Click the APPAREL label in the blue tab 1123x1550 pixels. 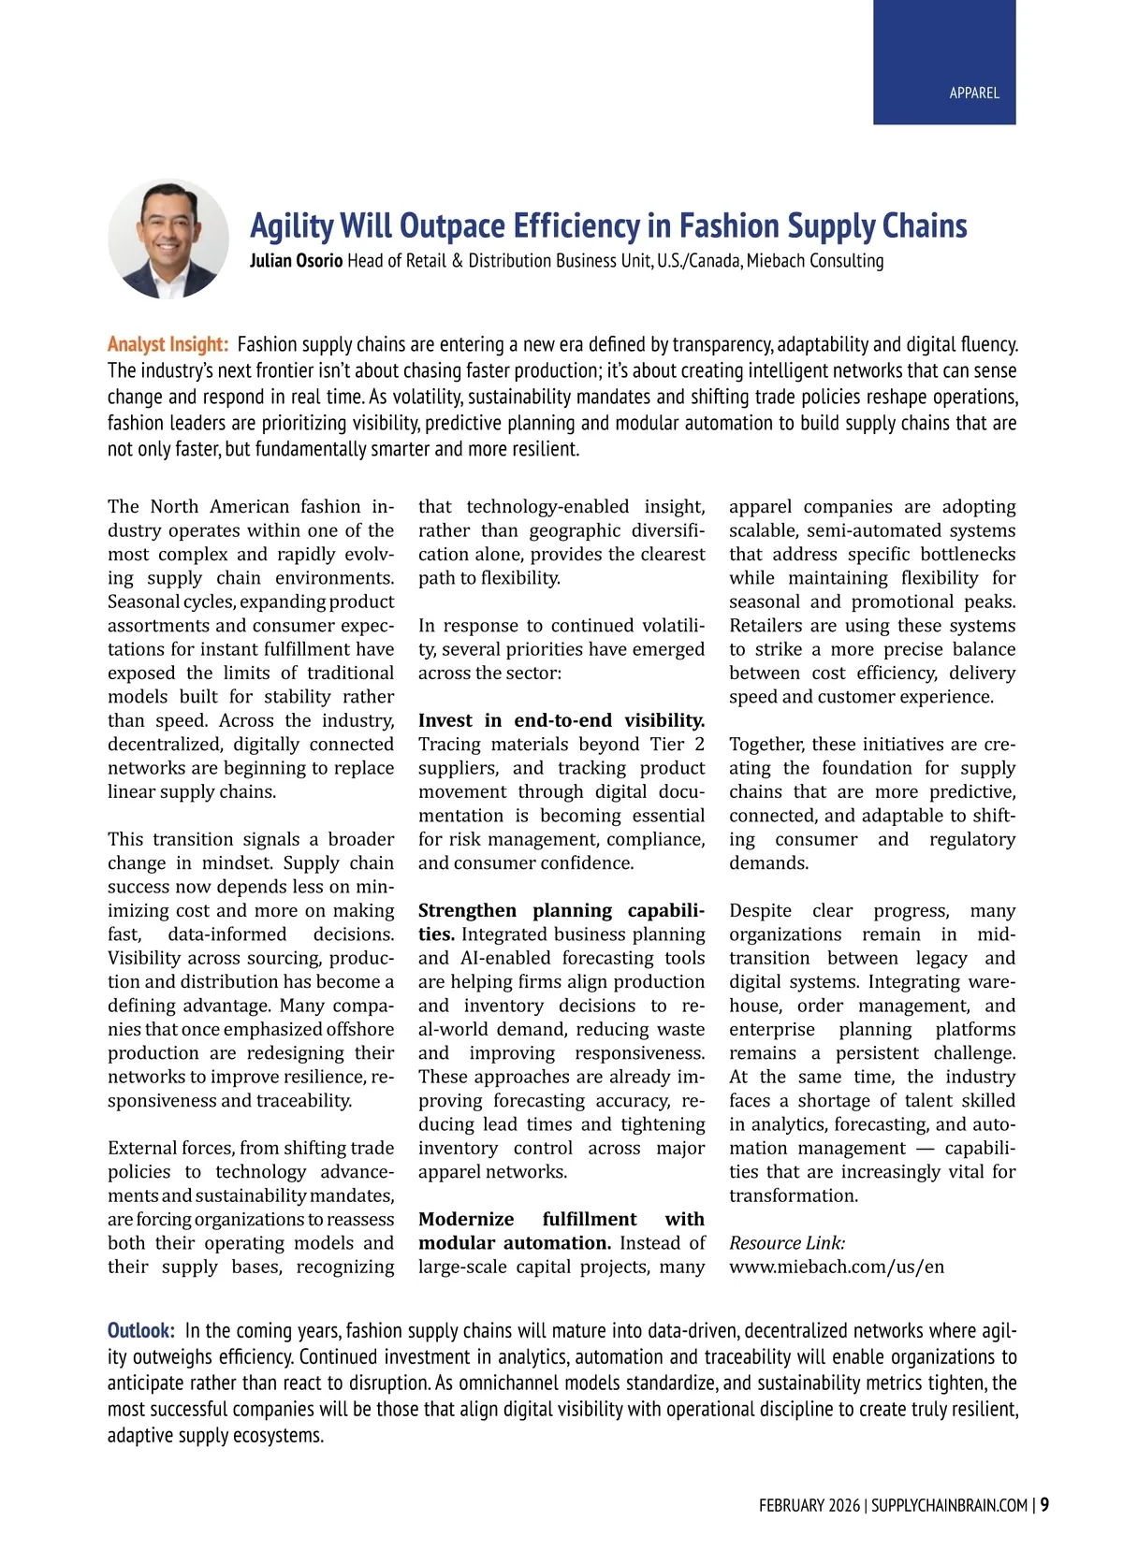tap(974, 93)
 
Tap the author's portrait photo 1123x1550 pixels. tap(168, 239)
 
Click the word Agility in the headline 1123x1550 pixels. tap(291, 226)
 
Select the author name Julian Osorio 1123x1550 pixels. tap(296, 261)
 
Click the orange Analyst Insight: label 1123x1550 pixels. tap(168, 344)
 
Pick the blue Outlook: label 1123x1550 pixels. tap(140, 1330)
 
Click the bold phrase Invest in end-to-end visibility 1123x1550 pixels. tap(561, 720)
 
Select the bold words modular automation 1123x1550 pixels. tap(515, 1242)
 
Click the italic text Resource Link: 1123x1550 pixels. tap(787, 1242)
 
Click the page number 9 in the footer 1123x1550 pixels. tap(1044, 1505)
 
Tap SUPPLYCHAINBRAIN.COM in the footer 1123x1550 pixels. tap(949, 1506)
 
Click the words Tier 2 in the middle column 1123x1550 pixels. tap(677, 744)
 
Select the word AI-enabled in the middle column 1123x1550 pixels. tap(505, 958)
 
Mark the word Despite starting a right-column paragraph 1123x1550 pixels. tap(760, 910)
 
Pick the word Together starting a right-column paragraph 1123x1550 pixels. tap(767, 744)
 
